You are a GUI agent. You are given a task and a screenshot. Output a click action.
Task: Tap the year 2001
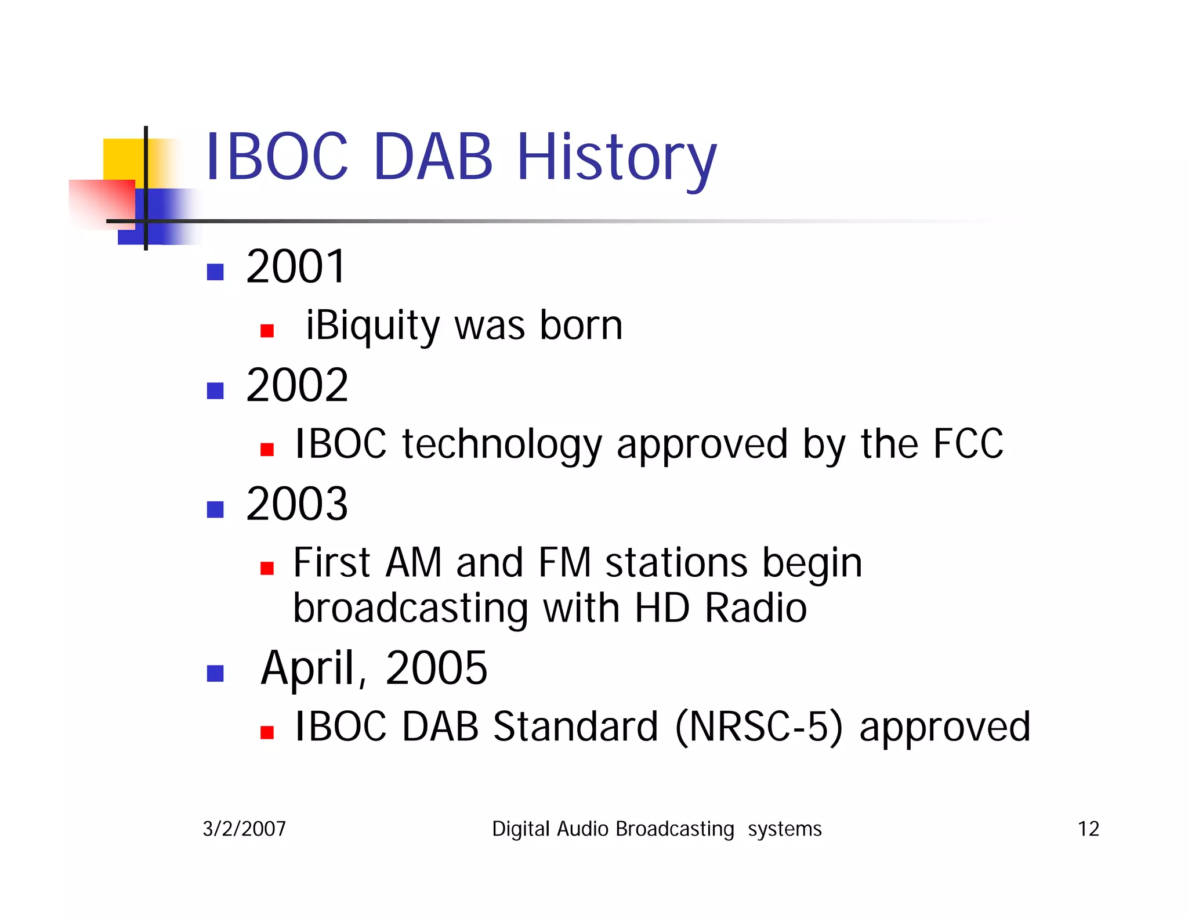(296, 266)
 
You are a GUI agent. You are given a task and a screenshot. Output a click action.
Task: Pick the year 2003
(296, 504)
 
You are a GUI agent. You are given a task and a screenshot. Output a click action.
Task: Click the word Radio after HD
(755, 608)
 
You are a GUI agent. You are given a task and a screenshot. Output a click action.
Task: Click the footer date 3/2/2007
(244, 829)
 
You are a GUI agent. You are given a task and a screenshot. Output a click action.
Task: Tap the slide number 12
(1088, 829)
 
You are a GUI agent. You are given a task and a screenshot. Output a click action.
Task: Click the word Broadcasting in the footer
(674, 829)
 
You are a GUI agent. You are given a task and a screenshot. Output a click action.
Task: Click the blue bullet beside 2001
(215, 272)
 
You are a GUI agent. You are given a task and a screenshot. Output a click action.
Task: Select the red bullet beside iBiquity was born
(267, 331)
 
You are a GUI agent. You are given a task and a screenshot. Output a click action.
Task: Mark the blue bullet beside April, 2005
(215, 673)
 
